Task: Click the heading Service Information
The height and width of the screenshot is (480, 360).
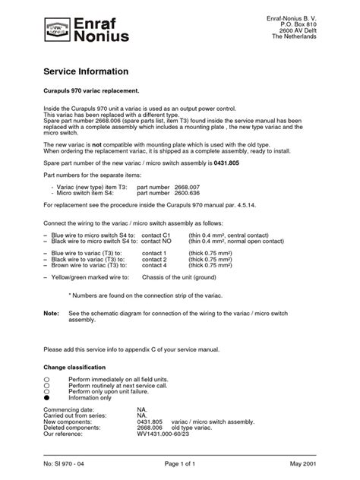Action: coord(86,71)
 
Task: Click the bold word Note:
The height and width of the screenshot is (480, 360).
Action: coord(51,313)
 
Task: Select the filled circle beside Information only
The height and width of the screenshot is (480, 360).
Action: coord(47,396)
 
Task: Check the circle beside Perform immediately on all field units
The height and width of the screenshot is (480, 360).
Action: coord(47,377)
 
